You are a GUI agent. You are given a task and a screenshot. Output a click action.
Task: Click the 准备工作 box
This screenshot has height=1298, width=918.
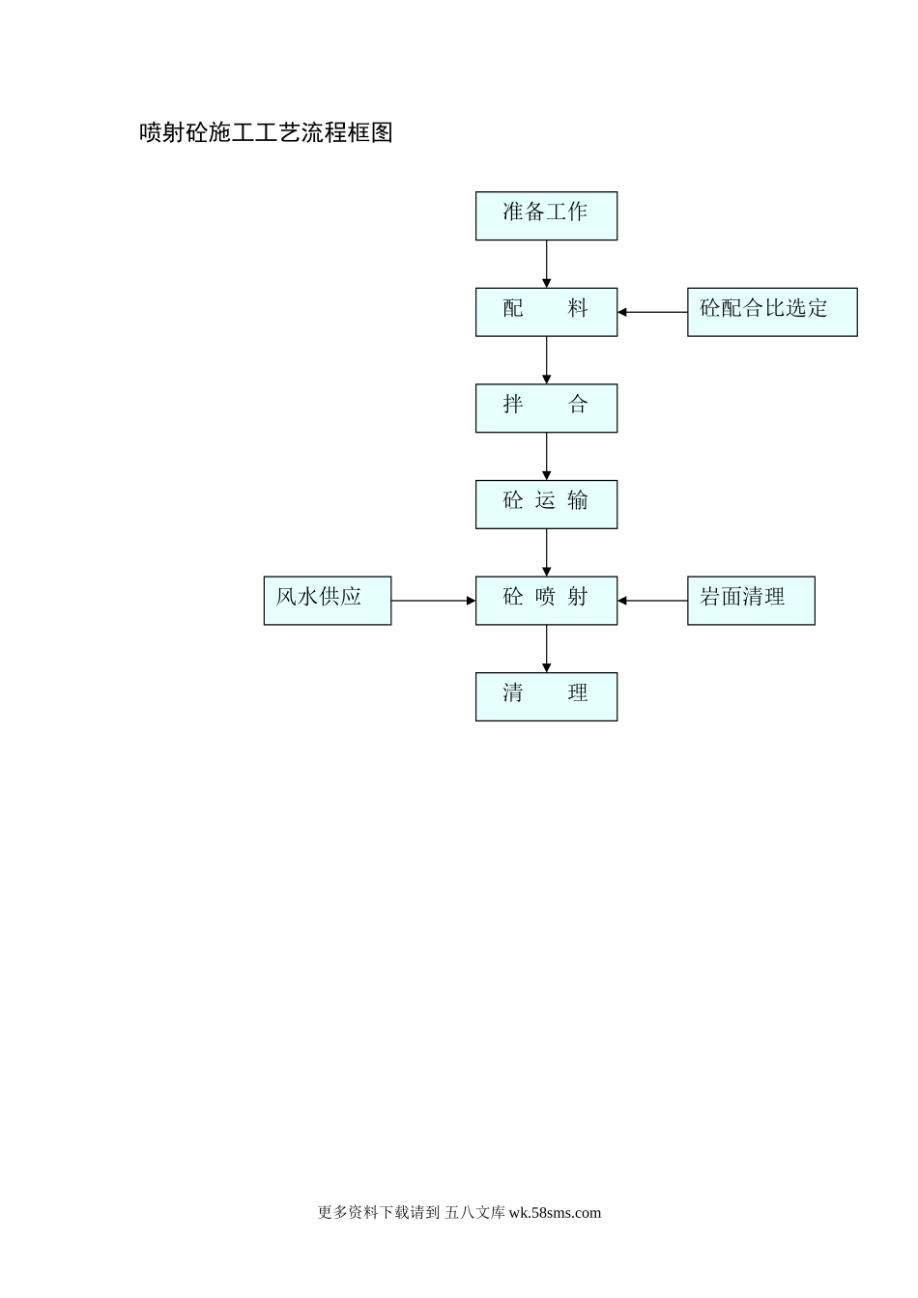point(546,215)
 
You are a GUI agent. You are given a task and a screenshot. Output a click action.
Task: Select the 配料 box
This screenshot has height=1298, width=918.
point(546,312)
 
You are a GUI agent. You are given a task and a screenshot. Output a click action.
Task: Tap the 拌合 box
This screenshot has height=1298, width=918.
point(546,408)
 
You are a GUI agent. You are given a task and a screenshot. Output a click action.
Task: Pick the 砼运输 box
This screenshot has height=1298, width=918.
point(546,504)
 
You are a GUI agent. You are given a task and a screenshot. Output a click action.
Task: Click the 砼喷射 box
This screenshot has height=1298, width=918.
point(546,600)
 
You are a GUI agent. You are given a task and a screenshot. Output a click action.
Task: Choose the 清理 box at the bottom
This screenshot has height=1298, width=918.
point(546,696)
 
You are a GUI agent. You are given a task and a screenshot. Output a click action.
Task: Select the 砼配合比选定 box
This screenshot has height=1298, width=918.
point(772,312)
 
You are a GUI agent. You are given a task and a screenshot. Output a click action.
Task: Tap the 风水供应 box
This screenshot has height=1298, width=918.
point(328,600)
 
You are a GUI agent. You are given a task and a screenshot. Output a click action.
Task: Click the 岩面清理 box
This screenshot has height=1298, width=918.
point(751,600)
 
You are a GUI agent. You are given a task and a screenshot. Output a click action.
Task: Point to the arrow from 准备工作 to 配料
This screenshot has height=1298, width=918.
point(546,264)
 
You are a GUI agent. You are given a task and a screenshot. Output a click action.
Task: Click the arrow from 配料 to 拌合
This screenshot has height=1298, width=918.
point(546,360)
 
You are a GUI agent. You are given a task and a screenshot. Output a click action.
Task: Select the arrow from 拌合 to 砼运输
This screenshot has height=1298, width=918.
point(546,456)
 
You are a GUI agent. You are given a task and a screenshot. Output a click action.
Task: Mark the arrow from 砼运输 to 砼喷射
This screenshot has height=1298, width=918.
point(546,552)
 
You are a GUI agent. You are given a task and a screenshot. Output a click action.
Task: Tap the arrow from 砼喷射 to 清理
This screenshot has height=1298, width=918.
point(546,648)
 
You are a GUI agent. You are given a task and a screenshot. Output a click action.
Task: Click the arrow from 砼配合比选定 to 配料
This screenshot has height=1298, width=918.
point(652,312)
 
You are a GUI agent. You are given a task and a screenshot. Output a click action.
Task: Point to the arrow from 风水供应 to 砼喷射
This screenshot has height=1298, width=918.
point(433,600)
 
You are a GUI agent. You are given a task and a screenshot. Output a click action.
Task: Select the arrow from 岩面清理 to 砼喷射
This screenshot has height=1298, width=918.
point(652,600)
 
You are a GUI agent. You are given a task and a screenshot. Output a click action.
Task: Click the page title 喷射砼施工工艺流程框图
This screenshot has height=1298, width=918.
point(267,132)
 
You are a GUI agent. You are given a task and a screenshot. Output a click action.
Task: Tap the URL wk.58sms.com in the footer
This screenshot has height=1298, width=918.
point(555,1213)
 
